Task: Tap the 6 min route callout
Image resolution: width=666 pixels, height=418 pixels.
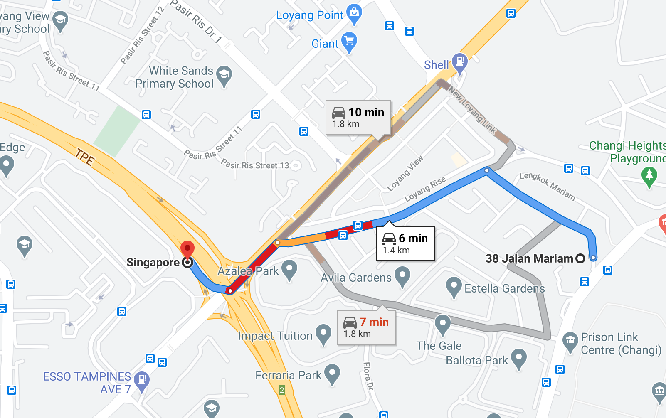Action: click(405, 243)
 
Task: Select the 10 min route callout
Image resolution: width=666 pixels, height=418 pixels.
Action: click(358, 118)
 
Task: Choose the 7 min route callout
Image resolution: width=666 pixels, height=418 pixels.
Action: click(366, 327)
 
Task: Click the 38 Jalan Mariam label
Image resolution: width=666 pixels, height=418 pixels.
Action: click(529, 258)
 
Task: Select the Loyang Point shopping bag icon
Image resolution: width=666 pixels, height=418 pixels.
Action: click(354, 13)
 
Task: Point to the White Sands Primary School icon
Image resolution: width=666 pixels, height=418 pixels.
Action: click(224, 75)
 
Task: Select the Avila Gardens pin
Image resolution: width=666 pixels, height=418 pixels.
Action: click(402, 276)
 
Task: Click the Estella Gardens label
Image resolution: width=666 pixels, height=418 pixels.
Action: click(504, 288)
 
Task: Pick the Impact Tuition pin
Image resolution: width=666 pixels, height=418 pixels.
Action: click(323, 334)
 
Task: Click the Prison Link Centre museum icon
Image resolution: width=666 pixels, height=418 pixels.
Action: click(570, 342)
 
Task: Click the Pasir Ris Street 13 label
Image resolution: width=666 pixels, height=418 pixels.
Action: click(255, 165)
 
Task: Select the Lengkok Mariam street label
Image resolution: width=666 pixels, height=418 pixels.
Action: click(547, 186)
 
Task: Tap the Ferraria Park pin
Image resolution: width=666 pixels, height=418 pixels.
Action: click(332, 374)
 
